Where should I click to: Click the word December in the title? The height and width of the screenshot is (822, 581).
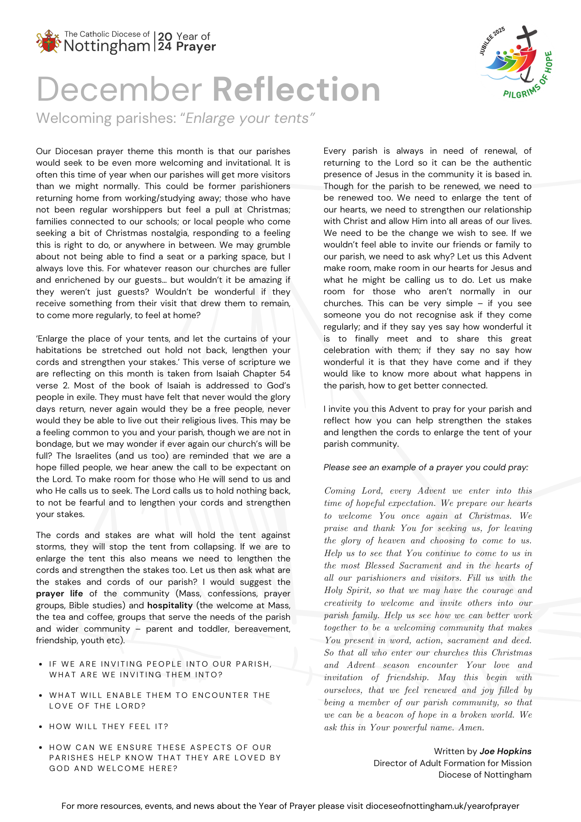pos(119,89)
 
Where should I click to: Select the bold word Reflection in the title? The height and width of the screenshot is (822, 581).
pos(296,89)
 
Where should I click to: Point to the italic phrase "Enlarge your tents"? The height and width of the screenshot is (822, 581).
pos(250,118)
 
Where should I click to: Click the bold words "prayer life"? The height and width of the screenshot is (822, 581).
pos(59,593)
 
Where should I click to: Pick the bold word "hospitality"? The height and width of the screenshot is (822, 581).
pos(170,605)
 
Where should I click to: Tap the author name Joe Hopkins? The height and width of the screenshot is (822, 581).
pos(505,751)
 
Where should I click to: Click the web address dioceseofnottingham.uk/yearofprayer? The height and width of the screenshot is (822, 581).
pos(442,806)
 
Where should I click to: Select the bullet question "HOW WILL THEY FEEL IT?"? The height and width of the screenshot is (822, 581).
pos(109,727)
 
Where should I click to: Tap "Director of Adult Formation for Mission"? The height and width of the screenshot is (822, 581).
pos(452,763)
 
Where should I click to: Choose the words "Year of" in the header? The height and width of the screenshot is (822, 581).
pos(193,37)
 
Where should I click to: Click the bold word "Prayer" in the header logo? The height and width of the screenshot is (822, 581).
pos(196,47)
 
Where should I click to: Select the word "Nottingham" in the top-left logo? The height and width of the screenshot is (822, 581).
pos(107,46)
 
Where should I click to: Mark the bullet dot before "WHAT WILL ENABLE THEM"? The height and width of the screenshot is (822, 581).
pos(40,695)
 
